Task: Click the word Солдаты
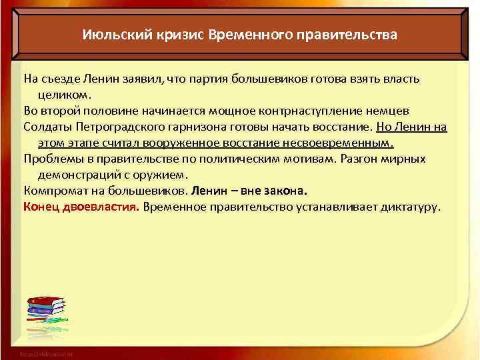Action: pyautogui.click(x=47, y=127)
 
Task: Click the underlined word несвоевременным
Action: pyautogui.click(x=347, y=143)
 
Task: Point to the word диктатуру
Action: pyautogui.click(x=407, y=207)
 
